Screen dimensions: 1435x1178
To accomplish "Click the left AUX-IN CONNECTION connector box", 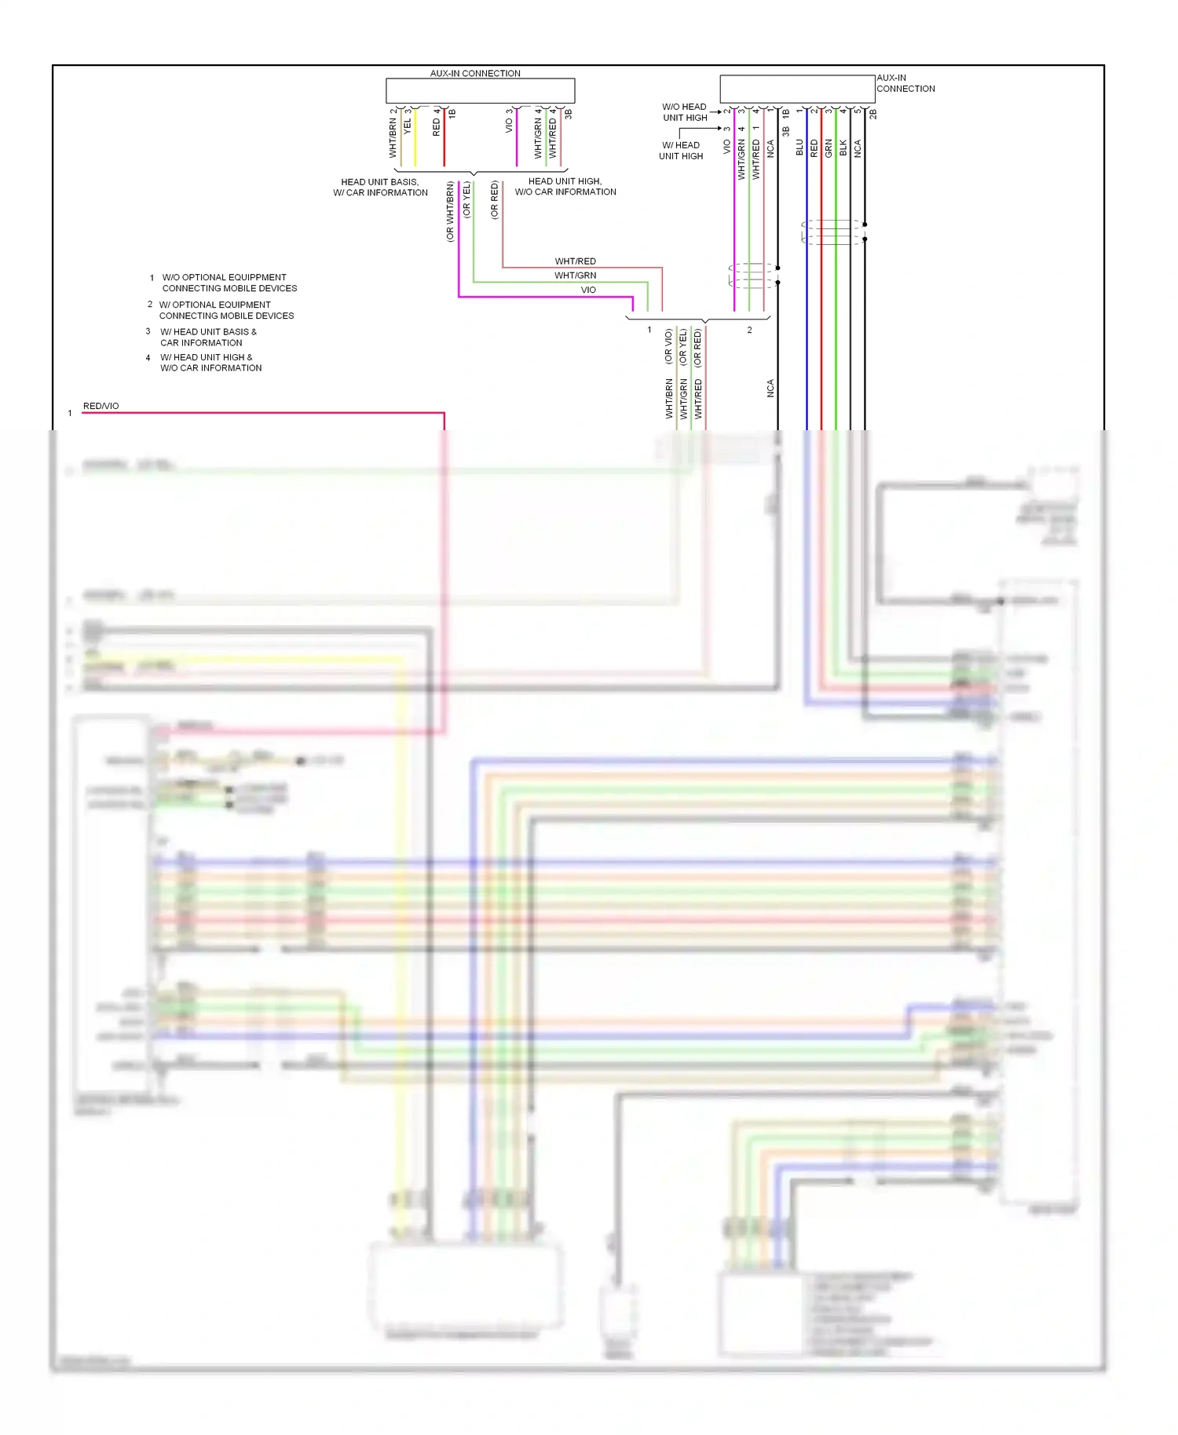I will [480, 90].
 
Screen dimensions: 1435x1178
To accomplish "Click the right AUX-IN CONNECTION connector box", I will [797, 89].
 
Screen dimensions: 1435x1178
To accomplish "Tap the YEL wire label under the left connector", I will [408, 126].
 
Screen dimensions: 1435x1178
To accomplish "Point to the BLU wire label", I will [799, 148].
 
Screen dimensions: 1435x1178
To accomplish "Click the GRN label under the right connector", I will [829, 148].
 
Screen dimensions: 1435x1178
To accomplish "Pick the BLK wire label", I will [843, 148].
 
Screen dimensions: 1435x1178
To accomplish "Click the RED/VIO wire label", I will [101, 406].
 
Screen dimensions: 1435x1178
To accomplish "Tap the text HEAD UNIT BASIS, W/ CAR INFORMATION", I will [380, 187].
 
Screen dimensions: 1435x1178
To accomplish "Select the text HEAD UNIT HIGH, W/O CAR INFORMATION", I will [565, 187].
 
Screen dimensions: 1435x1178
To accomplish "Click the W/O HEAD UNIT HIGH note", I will [684, 112].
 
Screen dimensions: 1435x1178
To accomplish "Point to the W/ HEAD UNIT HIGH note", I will [681, 151].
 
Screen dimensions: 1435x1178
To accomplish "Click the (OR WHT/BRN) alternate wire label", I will [450, 212].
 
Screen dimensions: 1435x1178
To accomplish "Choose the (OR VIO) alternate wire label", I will [668, 346].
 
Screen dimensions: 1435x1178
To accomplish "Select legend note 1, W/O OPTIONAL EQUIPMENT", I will [229, 283].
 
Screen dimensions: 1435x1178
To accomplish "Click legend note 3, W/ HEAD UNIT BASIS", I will [208, 337].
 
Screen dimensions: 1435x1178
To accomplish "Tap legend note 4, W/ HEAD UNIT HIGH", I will [210, 363].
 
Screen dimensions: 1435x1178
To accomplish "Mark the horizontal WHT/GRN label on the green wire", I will [575, 276].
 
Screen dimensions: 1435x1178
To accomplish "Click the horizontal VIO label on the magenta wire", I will [588, 290].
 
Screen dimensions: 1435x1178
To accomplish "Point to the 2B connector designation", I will [873, 114].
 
